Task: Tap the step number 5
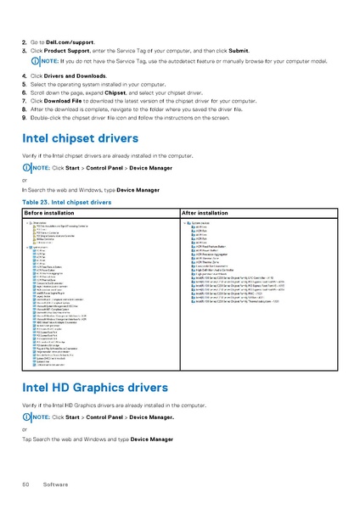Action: click(x=24, y=85)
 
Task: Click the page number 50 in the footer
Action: click(x=25, y=484)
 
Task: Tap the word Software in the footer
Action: click(x=55, y=484)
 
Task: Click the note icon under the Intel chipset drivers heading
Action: click(x=26, y=168)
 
